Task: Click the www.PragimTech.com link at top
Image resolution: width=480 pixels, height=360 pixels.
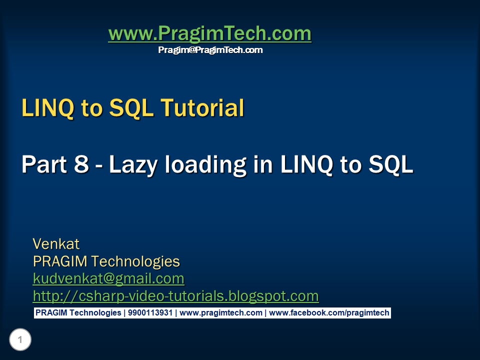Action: (210, 33)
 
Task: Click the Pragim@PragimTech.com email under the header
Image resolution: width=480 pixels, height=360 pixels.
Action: (210, 50)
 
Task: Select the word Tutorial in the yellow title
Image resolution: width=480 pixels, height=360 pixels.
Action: (202, 108)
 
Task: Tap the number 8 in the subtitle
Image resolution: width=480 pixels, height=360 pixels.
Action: (81, 164)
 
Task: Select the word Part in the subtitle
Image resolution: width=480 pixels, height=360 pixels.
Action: (44, 164)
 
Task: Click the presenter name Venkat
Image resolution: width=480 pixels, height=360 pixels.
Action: (56, 244)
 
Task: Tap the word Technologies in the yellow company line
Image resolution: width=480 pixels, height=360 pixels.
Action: (135, 261)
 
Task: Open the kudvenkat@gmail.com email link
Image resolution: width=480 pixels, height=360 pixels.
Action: (108, 278)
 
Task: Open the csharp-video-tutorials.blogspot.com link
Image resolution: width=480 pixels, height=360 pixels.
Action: (175, 296)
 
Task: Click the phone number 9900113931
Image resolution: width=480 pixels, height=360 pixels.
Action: (150, 313)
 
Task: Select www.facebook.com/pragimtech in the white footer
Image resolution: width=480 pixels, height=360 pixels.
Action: (329, 313)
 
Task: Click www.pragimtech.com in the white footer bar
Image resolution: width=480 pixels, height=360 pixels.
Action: (220, 313)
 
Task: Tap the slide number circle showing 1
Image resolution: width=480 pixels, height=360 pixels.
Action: (20, 339)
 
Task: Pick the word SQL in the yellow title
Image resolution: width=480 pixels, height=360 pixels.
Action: (131, 108)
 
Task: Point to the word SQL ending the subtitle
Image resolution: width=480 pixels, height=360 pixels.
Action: (391, 164)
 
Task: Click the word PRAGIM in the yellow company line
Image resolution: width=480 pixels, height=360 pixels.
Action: (60, 261)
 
